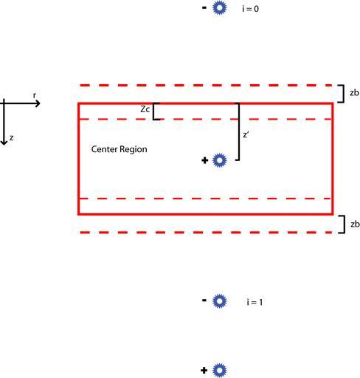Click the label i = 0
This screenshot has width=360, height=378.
click(250, 9)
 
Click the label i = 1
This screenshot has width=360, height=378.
click(255, 302)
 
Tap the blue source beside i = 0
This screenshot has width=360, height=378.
click(219, 8)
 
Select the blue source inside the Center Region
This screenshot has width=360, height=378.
click(219, 160)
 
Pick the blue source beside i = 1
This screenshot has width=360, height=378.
click(219, 301)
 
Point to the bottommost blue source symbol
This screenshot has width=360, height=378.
click(219, 370)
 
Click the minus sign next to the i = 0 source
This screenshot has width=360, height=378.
click(204, 8)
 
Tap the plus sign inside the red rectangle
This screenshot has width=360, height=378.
click(204, 160)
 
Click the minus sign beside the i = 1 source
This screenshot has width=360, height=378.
click(204, 300)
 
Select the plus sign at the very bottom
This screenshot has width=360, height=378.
click(204, 370)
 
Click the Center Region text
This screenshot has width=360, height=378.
click(120, 149)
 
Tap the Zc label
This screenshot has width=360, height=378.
click(145, 109)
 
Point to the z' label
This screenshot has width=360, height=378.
click(246, 134)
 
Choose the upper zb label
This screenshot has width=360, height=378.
click(354, 93)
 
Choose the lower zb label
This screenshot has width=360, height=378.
click(355, 224)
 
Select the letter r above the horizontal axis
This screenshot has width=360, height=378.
click(35, 95)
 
